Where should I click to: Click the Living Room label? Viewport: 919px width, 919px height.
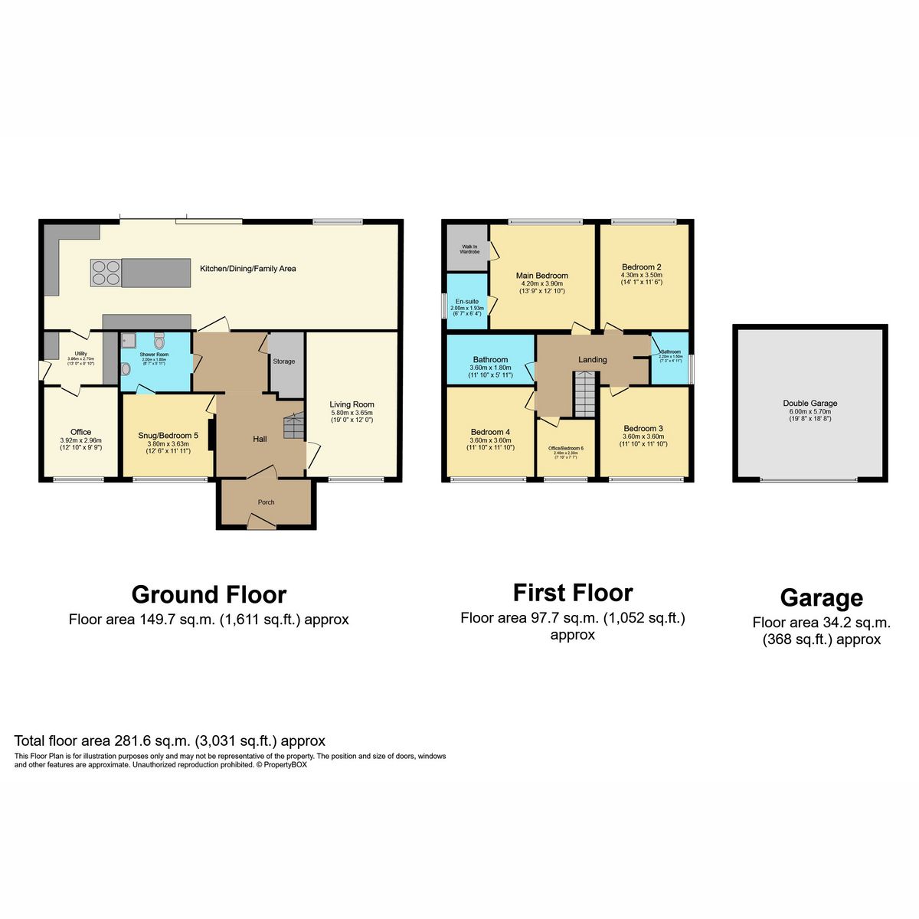[x=352, y=404]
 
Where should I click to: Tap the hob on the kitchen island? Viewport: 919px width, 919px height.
[x=106, y=273]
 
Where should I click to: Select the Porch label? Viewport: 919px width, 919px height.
[x=266, y=502]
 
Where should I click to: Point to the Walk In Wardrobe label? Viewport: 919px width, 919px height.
[x=469, y=249]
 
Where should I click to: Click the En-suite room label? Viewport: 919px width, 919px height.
[x=466, y=302]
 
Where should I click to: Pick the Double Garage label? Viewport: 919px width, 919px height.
[x=809, y=403]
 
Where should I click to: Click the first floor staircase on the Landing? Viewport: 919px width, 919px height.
[x=584, y=394]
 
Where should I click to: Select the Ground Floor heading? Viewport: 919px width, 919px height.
[x=208, y=594]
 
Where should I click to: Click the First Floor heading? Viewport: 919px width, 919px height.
[x=572, y=593]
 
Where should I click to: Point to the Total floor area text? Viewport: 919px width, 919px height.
[x=169, y=741]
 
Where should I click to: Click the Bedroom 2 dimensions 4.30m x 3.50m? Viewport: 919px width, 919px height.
[x=641, y=275]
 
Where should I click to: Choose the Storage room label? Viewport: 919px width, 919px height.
[x=283, y=361]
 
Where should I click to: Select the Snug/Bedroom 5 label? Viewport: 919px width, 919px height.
[x=168, y=435]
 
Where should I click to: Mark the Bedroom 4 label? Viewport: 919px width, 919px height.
[x=490, y=432]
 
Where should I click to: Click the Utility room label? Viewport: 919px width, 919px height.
[x=80, y=354]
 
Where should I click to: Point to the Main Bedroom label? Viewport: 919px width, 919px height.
[x=541, y=276]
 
